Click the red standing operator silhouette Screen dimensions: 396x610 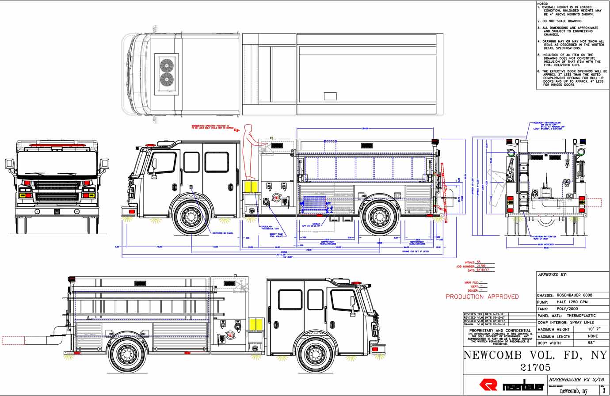(248, 152)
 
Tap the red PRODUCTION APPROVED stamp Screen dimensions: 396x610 (482, 297)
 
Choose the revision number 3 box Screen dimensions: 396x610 (604, 391)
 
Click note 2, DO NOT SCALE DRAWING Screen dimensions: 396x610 (560, 21)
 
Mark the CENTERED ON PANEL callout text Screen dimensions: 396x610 (223, 233)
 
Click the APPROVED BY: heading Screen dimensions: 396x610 (552, 274)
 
